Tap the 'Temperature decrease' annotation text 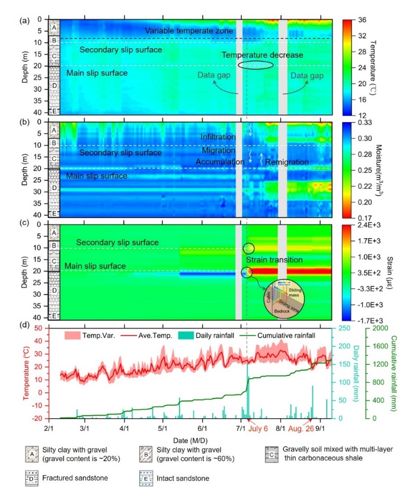point(262,55)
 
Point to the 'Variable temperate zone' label point(189,31)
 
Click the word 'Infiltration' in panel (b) point(218,137)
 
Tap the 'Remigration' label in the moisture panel point(284,161)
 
